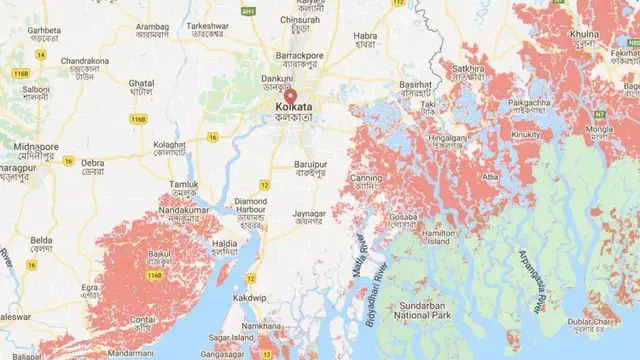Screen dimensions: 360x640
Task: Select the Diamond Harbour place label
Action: tap(250, 205)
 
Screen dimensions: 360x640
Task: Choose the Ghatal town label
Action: tap(144, 86)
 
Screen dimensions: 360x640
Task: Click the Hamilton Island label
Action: tap(441, 234)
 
